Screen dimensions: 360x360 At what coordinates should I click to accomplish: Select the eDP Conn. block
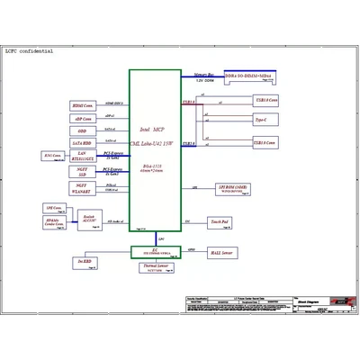tap(82, 119)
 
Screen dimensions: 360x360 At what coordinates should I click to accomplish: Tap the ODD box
tap(82, 131)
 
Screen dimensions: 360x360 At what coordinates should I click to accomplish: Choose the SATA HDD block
tap(82, 143)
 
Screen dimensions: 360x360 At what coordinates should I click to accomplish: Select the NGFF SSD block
tap(82, 172)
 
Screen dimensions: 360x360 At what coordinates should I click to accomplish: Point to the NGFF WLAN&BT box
tap(82, 189)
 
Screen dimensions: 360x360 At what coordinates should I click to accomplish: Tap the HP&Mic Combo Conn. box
tap(53, 221)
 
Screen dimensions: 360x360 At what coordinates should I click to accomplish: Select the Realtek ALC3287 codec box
tap(89, 218)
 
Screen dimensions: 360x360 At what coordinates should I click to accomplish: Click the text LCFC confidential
tap(30, 51)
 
